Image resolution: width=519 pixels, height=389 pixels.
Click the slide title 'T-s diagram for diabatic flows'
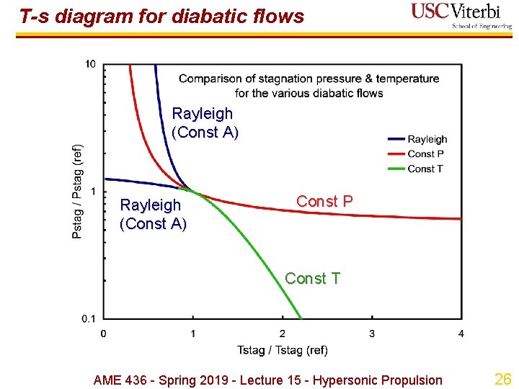tap(161, 16)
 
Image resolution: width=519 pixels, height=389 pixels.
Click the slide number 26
tap(502, 379)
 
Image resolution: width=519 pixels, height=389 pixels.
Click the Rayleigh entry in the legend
tap(427, 139)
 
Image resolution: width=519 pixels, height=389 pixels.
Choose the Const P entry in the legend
tap(425, 153)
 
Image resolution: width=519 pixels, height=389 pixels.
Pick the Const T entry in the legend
tap(425, 169)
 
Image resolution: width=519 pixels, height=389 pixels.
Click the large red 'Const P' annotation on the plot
tap(324, 202)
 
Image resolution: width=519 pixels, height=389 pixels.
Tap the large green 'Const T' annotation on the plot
tap(312, 278)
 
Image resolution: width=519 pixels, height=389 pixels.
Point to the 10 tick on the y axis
tap(90, 65)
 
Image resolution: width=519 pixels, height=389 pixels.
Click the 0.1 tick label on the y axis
tap(88, 318)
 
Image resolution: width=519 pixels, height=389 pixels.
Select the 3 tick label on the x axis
tap(372, 334)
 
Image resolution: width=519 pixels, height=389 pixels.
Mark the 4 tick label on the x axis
tap(461, 334)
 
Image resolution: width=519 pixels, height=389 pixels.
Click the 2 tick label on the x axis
tap(282, 334)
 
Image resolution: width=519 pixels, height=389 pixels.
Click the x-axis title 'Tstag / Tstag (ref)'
tap(282, 350)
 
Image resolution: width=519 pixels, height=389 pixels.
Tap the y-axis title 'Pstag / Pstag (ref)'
tap(78, 192)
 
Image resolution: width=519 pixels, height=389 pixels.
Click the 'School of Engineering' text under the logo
tap(482, 26)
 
